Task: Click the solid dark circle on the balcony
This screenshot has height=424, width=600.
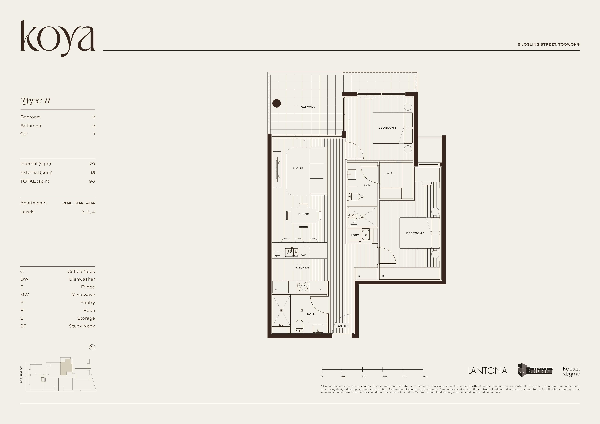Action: (x=276, y=103)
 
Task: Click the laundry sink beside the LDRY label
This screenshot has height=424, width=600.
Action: (x=365, y=235)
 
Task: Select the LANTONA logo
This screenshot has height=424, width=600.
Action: (x=487, y=371)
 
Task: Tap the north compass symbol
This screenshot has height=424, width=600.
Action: (x=92, y=347)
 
